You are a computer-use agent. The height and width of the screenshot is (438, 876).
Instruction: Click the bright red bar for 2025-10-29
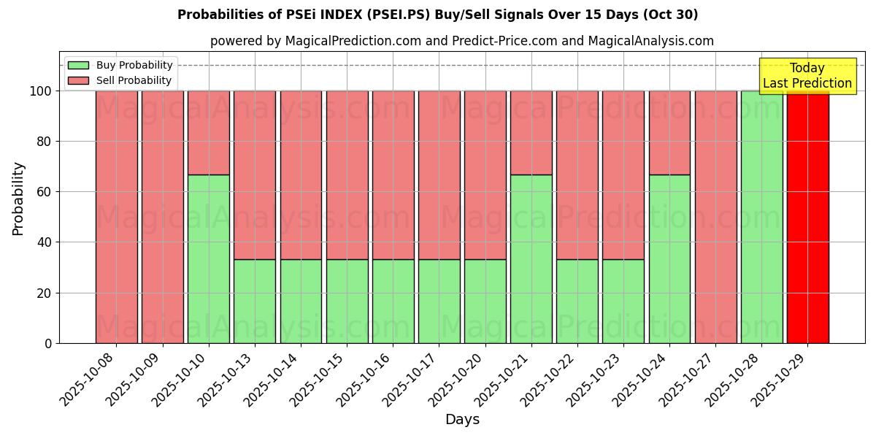click(807, 217)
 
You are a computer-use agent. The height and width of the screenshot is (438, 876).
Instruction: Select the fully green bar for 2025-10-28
click(761, 217)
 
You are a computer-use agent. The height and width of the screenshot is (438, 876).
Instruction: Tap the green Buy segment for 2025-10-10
click(208, 258)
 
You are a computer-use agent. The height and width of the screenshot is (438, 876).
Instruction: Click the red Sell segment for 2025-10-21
click(531, 132)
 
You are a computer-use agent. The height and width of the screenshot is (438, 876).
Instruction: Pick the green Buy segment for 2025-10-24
click(669, 258)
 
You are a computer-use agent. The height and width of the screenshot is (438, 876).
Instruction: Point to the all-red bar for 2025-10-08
click(116, 217)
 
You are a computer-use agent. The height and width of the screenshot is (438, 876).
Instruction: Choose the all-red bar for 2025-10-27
click(715, 217)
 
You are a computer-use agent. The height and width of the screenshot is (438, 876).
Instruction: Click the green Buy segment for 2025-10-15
click(347, 301)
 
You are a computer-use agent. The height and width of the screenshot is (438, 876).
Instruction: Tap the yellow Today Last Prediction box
click(807, 76)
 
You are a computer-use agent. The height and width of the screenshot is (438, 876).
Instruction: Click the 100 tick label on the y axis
click(40, 91)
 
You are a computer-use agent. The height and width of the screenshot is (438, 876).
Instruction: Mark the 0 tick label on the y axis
click(47, 343)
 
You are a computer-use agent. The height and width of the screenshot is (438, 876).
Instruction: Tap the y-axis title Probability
click(18, 198)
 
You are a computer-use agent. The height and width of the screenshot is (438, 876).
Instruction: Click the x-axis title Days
click(462, 420)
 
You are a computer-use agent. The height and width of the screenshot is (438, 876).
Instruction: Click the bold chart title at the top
click(437, 15)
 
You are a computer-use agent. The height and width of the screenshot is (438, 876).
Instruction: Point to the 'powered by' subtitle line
click(461, 41)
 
